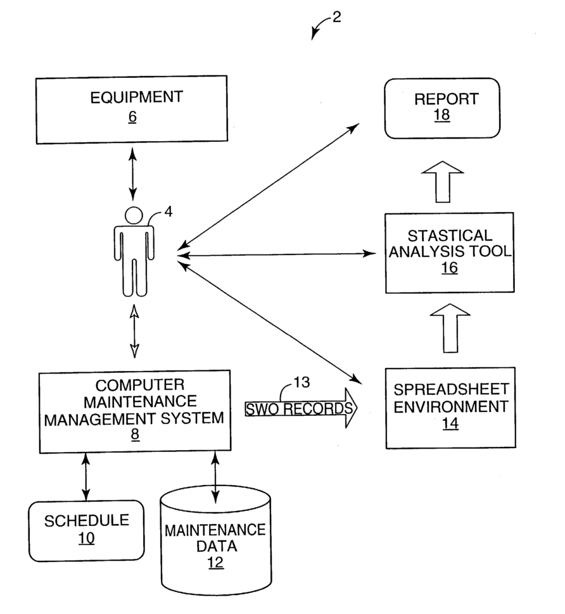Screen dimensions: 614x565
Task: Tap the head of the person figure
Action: (134, 215)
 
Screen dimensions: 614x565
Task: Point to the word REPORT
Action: (441, 99)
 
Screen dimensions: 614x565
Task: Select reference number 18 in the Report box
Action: (441, 117)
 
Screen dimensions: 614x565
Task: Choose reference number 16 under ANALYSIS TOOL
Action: (449, 268)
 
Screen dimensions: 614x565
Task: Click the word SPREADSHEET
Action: (441, 389)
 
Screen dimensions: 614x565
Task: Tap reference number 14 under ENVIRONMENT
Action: (450, 423)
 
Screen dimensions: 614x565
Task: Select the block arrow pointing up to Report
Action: (441, 181)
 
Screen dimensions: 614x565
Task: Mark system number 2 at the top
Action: (336, 17)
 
